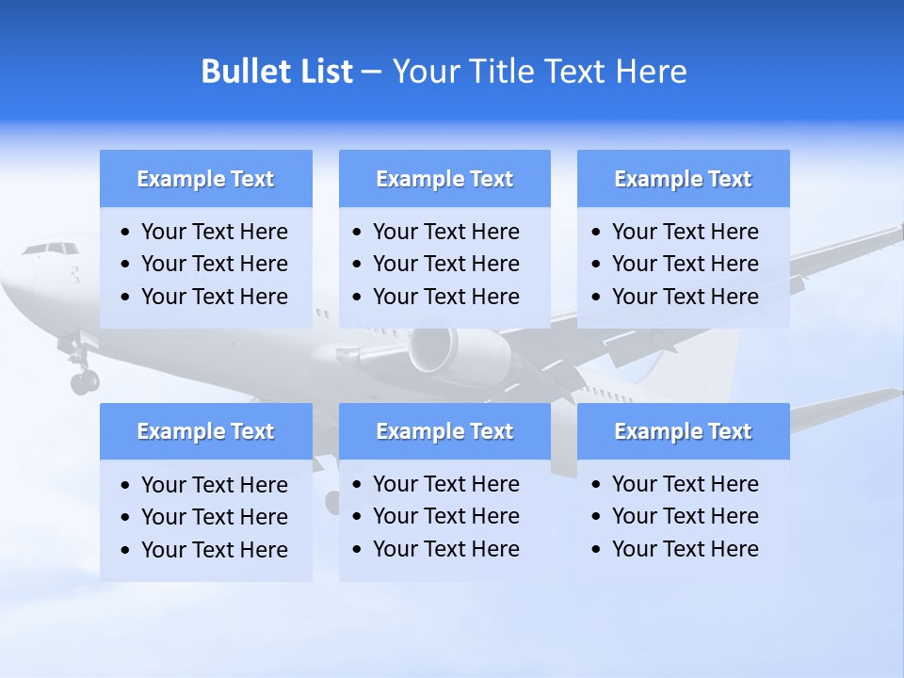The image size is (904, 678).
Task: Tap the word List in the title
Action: (323, 72)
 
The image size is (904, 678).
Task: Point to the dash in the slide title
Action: (371, 73)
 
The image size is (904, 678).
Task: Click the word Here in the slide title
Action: (651, 72)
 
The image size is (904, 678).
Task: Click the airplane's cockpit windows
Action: (50, 249)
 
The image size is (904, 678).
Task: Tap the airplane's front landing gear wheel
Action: (84, 381)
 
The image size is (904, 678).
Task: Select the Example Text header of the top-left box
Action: (205, 179)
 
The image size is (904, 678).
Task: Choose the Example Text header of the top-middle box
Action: (444, 179)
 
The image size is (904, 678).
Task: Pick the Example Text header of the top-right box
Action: (683, 179)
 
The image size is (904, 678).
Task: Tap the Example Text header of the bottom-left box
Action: (205, 431)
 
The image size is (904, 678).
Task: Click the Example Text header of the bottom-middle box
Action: (444, 431)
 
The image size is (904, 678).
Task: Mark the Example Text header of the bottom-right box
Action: (683, 431)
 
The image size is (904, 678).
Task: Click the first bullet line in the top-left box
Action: (215, 232)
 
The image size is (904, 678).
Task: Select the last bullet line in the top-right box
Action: (685, 297)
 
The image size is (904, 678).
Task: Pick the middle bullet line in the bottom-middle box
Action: (446, 516)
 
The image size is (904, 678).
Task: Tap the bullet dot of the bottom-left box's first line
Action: (126, 485)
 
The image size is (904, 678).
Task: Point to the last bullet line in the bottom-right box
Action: (685, 549)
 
